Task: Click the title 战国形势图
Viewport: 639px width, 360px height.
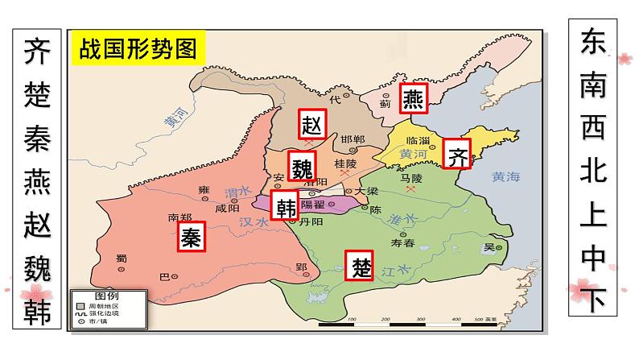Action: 138,48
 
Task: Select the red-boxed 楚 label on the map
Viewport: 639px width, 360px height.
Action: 359,265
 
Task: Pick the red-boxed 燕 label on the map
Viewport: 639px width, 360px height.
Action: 413,98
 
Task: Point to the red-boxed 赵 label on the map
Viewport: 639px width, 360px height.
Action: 311,124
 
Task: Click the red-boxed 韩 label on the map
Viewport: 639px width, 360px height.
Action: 286,207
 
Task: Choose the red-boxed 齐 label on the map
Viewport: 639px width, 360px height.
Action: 457,156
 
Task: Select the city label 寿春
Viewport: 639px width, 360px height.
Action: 401,242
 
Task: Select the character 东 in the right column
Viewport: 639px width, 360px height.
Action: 595,46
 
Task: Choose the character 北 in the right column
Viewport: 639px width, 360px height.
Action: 595,176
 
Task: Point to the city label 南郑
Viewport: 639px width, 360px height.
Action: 180,217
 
